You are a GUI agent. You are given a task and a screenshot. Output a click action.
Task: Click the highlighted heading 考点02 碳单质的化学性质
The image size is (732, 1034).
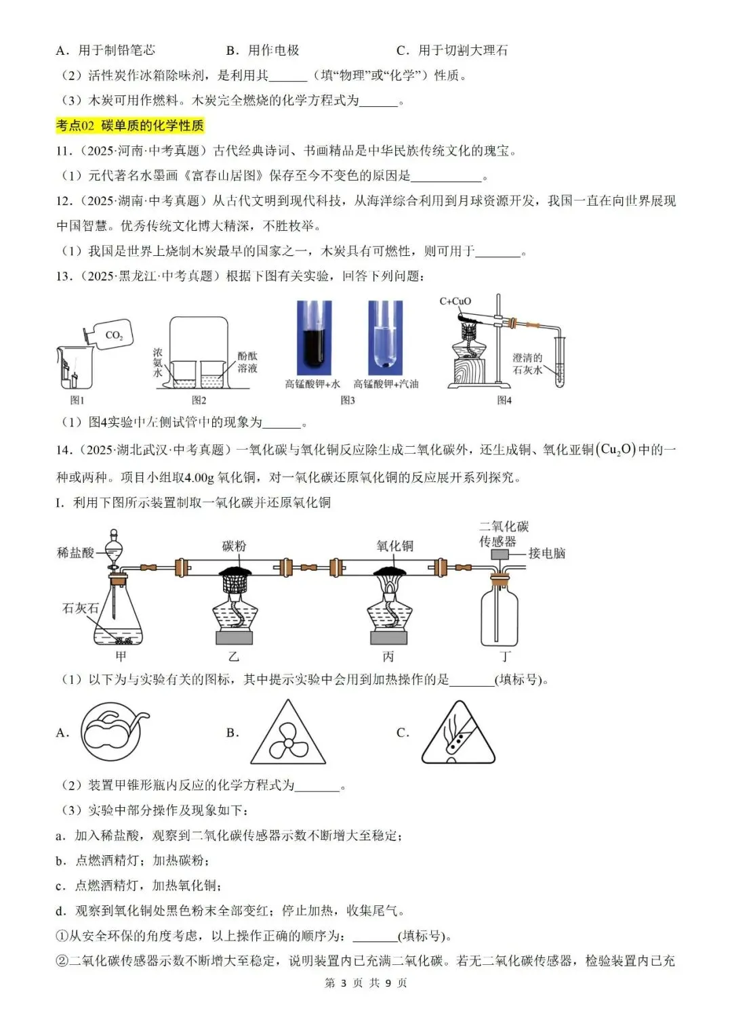(x=129, y=125)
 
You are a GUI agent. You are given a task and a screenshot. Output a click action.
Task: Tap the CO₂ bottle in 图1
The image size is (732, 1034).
(x=110, y=335)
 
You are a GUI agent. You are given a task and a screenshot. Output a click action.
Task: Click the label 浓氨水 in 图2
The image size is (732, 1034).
(x=158, y=363)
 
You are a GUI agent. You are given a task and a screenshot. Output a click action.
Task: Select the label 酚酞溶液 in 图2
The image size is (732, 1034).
(x=247, y=362)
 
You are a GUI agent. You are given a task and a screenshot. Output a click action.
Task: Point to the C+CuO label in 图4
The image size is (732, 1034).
(x=455, y=301)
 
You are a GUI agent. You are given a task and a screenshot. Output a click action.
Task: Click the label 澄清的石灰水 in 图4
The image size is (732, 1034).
(x=527, y=364)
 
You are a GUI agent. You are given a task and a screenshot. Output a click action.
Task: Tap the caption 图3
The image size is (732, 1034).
(x=348, y=400)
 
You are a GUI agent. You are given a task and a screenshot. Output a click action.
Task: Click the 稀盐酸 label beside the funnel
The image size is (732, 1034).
(x=75, y=553)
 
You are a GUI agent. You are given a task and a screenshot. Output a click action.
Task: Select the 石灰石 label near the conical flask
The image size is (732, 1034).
(x=80, y=608)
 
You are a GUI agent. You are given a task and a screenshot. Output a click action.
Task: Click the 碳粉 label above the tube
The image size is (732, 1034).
(x=234, y=546)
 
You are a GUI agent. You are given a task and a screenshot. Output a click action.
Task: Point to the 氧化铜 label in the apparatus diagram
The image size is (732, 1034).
(x=394, y=546)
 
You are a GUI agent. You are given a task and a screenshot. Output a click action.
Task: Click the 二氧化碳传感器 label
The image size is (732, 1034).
(x=504, y=534)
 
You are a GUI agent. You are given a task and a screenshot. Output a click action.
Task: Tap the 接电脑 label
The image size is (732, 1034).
(x=546, y=553)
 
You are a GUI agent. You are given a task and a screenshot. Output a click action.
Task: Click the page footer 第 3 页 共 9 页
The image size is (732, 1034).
(x=366, y=983)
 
